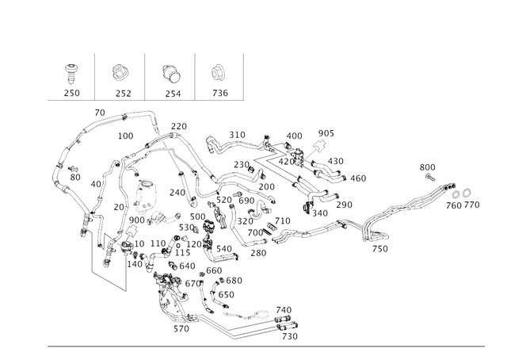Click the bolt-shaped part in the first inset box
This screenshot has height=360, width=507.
[x=72, y=71]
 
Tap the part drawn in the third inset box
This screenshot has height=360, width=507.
[x=170, y=72]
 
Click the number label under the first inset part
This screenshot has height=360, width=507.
[x=72, y=93]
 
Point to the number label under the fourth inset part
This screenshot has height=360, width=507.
[x=219, y=93]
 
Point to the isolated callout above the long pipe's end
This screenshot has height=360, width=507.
[x=428, y=167]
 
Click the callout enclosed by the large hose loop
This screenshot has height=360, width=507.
[x=125, y=136]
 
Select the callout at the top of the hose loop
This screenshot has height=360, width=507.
[x=100, y=109]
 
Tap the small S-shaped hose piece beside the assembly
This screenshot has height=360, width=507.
[x=215, y=144]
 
